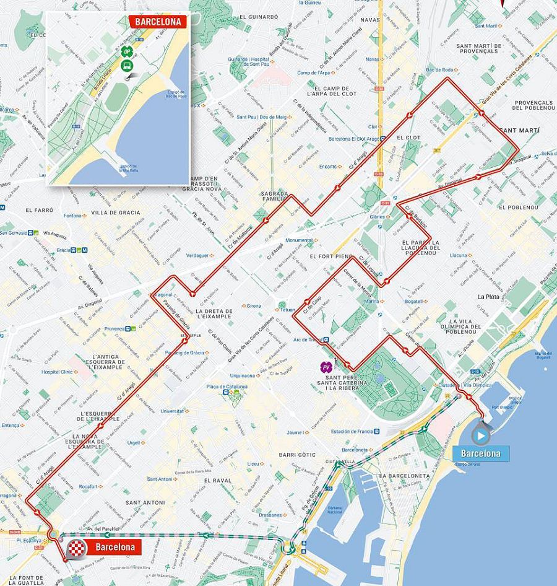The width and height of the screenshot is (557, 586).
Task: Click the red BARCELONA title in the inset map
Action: (x=157, y=21)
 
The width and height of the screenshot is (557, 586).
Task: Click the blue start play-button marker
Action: (x=480, y=433)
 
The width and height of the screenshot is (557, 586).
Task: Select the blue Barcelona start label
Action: (x=481, y=453)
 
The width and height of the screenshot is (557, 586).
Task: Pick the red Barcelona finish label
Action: (x=115, y=547)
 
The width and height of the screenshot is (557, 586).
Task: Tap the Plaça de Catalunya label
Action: (x=227, y=387)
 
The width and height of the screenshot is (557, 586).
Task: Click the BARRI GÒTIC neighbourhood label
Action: (x=297, y=455)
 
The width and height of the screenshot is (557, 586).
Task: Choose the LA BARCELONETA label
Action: (x=405, y=476)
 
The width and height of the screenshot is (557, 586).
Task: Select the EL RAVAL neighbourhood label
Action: (x=217, y=480)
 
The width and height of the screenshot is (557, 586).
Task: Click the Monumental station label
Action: (x=300, y=240)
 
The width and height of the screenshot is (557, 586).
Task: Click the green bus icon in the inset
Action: (x=126, y=65)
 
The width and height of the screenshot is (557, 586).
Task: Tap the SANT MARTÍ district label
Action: (x=519, y=131)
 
